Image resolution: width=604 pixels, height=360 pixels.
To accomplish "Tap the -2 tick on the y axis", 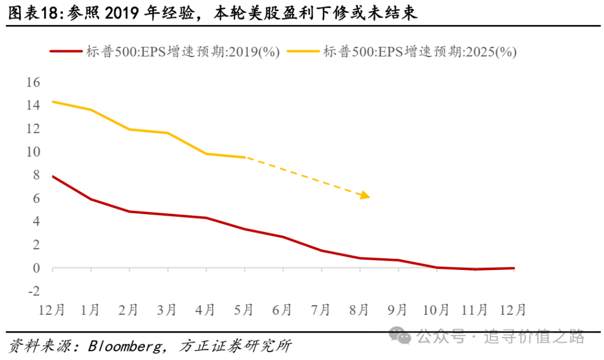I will point(34,291).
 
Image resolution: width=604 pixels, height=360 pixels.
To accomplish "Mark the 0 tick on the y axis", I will point(37,268).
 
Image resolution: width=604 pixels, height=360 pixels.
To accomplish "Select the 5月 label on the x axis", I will point(244,310).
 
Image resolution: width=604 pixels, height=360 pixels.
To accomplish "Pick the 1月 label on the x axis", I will point(91,310).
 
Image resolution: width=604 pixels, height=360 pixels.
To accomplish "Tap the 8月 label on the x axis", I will point(360,310).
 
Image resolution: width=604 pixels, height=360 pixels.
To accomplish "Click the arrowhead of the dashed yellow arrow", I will point(366,196).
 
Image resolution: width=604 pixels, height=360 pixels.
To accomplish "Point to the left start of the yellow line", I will point(53,101).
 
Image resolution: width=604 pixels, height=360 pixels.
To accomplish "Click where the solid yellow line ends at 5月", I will point(245,157).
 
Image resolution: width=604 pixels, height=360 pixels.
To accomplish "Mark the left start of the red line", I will point(53,176).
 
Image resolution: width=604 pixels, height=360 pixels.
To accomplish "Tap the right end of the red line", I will point(513,268).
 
